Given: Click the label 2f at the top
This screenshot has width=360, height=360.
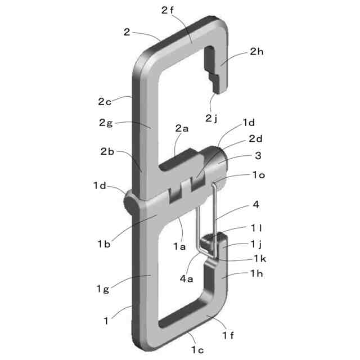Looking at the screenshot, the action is click(x=168, y=10).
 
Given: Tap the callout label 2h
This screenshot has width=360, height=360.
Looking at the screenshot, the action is click(x=256, y=52).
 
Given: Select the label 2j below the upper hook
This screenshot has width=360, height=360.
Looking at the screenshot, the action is click(x=211, y=119).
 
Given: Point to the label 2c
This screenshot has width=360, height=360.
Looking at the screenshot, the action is click(x=105, y=102).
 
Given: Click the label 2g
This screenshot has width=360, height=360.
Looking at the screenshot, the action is click(x=106, y=123).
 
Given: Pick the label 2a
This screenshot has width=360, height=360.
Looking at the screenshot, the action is click(x=182, y=128).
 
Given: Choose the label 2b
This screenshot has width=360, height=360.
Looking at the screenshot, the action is click(x=107, y=151).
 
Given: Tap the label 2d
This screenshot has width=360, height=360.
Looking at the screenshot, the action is click(x=256, y=139).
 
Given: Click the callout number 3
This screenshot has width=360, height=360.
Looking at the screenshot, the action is click(x=258, y=156).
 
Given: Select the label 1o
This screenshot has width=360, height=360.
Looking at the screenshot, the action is click(x=259, y=175).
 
